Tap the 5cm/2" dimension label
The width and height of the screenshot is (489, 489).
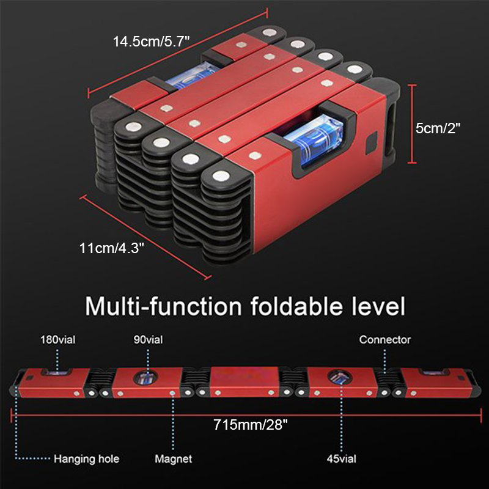point(438,128)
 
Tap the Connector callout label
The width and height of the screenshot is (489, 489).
point(384,339)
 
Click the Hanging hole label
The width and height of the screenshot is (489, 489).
point(87,458)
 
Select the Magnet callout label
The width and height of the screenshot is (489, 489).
point(174,458)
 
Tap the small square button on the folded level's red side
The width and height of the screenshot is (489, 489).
point(369,146)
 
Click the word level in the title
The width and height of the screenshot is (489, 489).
point(379,305)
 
